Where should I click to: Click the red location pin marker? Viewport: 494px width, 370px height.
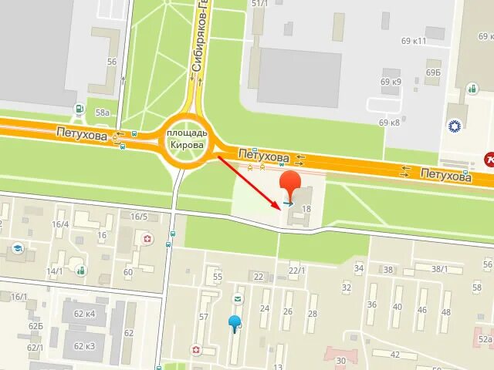click(290, 185)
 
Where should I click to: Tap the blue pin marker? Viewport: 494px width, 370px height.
click(235, 322)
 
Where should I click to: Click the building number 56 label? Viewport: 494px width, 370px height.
click(112, 62)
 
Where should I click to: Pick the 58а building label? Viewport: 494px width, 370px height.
click(102, 113)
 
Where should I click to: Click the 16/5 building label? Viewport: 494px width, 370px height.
click(139, 217)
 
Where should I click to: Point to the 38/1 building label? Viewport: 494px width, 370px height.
click(440, 269)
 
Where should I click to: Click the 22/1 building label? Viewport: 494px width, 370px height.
click(296, 270)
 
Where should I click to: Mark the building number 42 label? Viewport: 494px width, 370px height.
click(394, 355)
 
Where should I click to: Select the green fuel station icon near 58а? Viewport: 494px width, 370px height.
click(79, 109)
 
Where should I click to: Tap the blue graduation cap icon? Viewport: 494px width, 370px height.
click(17, 249)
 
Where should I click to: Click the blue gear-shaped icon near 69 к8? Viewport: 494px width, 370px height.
click(455, 123)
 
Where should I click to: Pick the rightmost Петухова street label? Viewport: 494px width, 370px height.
click(445, 177)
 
